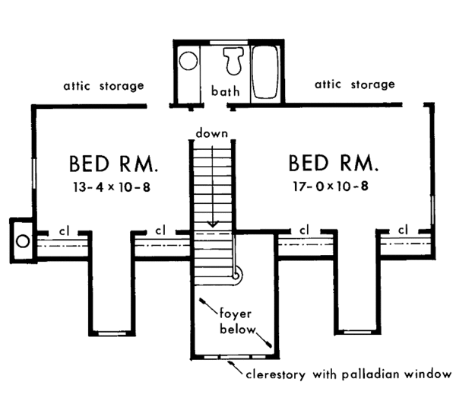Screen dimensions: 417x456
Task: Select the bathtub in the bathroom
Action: tap(267, 74)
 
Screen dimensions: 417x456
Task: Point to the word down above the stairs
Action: tap(212, 133)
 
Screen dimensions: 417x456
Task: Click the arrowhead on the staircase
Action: tap(214, 224)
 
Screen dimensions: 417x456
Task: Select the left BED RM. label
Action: tap(115, 164)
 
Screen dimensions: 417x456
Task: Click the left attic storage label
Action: tap(104, 86)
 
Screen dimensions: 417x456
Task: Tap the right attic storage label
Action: tap(355, 84)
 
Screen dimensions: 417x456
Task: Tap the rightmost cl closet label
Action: tap(403, 230)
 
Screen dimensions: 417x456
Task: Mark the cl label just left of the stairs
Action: tap(160, 230)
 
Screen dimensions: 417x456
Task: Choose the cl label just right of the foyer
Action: tap(304, 230)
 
